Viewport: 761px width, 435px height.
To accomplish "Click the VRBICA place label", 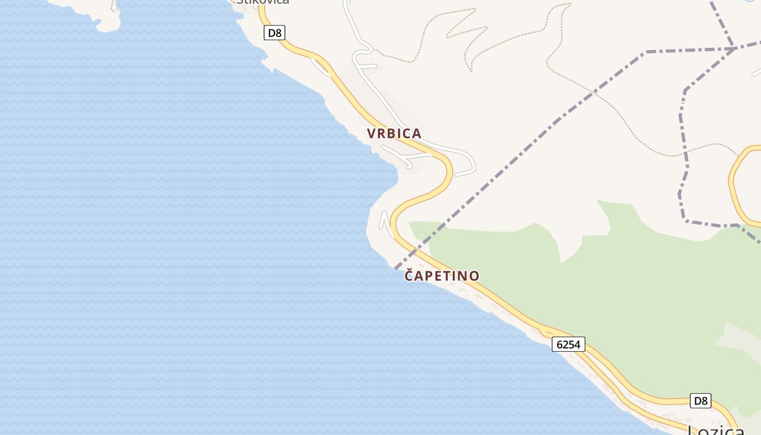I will pyautogui.click(x=394, y=133).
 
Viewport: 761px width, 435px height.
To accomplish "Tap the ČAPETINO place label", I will pyautogui.click(x=442, y=276).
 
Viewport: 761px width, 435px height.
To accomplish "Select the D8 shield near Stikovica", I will pyautogui.click(x=275, y=33).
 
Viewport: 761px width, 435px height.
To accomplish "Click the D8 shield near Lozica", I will pyautogui.click(x=701, y=401).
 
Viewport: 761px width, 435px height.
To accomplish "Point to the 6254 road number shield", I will pyautogui.click(x=569, y=344).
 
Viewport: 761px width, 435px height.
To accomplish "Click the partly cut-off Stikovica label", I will pyautogui.click(x=263, y=2).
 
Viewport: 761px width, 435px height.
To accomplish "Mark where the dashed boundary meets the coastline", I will pyautogui.click(x=395, y=268).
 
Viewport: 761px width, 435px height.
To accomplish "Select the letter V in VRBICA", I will pyautogui.click(x=371, y=133).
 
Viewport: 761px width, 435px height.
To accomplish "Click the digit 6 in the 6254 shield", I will pyautogui.click(x=560, y=344).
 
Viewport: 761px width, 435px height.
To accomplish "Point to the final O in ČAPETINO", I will pyautogui.click(x=475, y=276).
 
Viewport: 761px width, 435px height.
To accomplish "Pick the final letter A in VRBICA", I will pyautogui.click(x=417, y=133).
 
